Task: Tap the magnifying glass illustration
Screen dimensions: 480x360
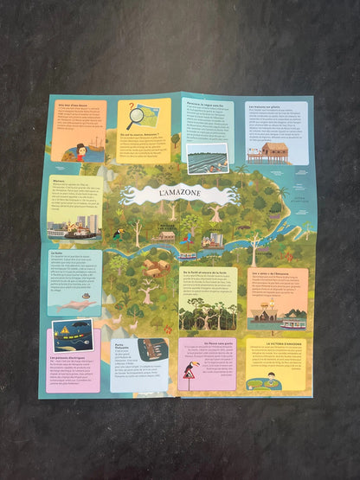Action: point(137,115)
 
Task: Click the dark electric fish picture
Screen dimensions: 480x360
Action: point(72,333)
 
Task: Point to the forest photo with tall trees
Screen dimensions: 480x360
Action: point(208,313)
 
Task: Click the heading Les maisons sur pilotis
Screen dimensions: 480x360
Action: point(267,106)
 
